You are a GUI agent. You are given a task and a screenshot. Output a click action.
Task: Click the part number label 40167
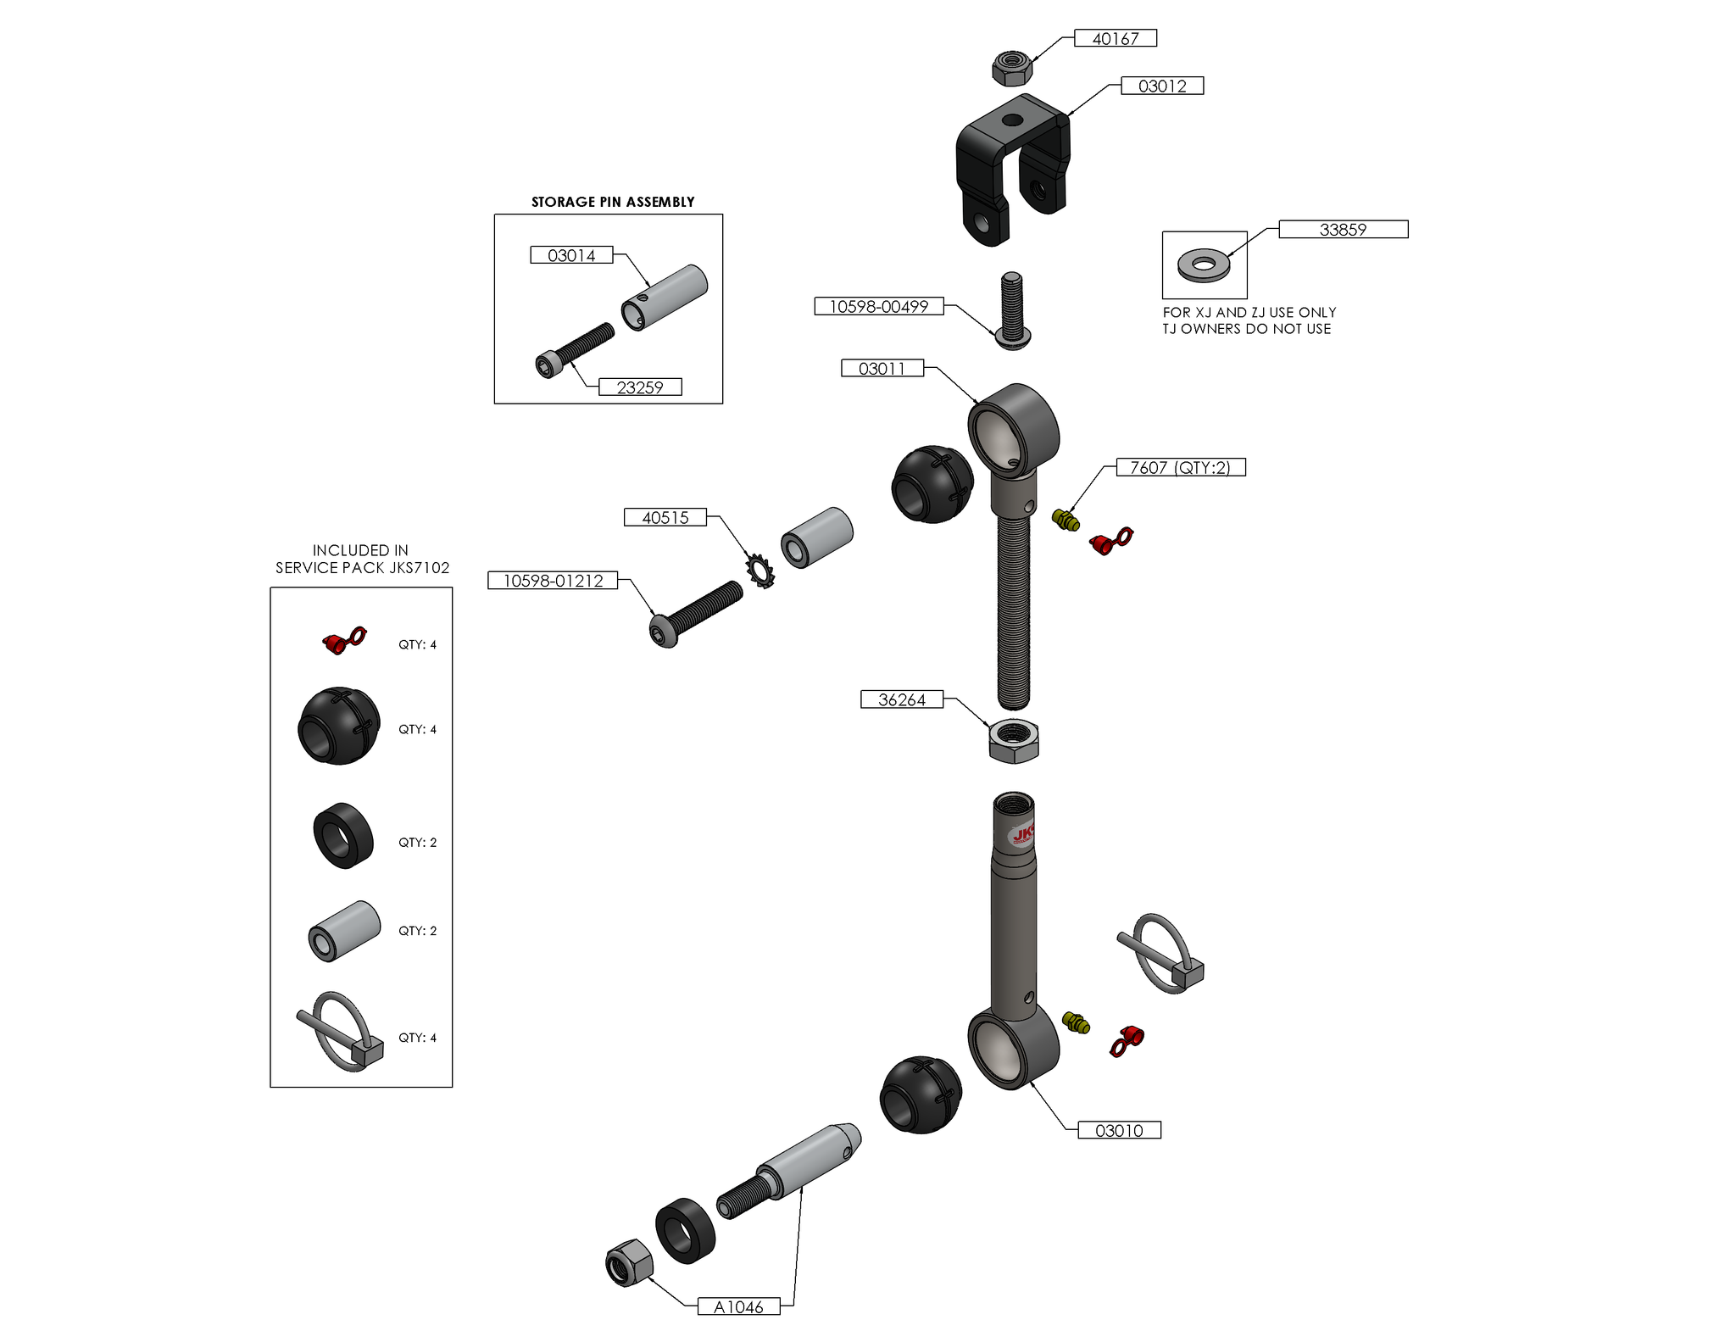tap(1115, 38)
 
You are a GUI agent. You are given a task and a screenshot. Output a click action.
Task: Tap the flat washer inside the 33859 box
tap(1204, 265)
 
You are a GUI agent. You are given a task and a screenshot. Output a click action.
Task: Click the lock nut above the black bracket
tap(1012, 67)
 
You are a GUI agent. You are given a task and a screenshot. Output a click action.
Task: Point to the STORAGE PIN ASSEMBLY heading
tap(612, 202)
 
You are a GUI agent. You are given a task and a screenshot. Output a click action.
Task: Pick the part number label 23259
tap(640, 387)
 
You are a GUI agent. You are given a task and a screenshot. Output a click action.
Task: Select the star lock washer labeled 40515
tap(760, 571)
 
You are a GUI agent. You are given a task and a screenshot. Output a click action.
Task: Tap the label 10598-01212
tap(553, 581)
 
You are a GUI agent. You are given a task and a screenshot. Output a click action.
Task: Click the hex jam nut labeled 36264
tap(1013, 741)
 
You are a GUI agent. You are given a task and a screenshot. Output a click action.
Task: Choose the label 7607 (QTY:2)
tap(1180, 467)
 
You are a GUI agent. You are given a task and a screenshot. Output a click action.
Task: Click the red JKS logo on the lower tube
tap(1022, 835)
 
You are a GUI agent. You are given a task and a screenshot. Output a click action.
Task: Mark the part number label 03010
tap(1119, 1130)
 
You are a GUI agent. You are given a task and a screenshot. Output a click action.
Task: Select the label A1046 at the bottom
tap(738, 1306)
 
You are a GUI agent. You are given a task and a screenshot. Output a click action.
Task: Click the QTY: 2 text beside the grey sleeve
tap(418, 930)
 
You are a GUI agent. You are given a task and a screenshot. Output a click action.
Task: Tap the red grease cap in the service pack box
tap(343, 641)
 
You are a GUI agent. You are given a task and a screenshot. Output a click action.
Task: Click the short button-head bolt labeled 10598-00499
tap(1012, 311)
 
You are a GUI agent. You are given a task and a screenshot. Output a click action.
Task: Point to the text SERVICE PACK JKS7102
tap(362, 568)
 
